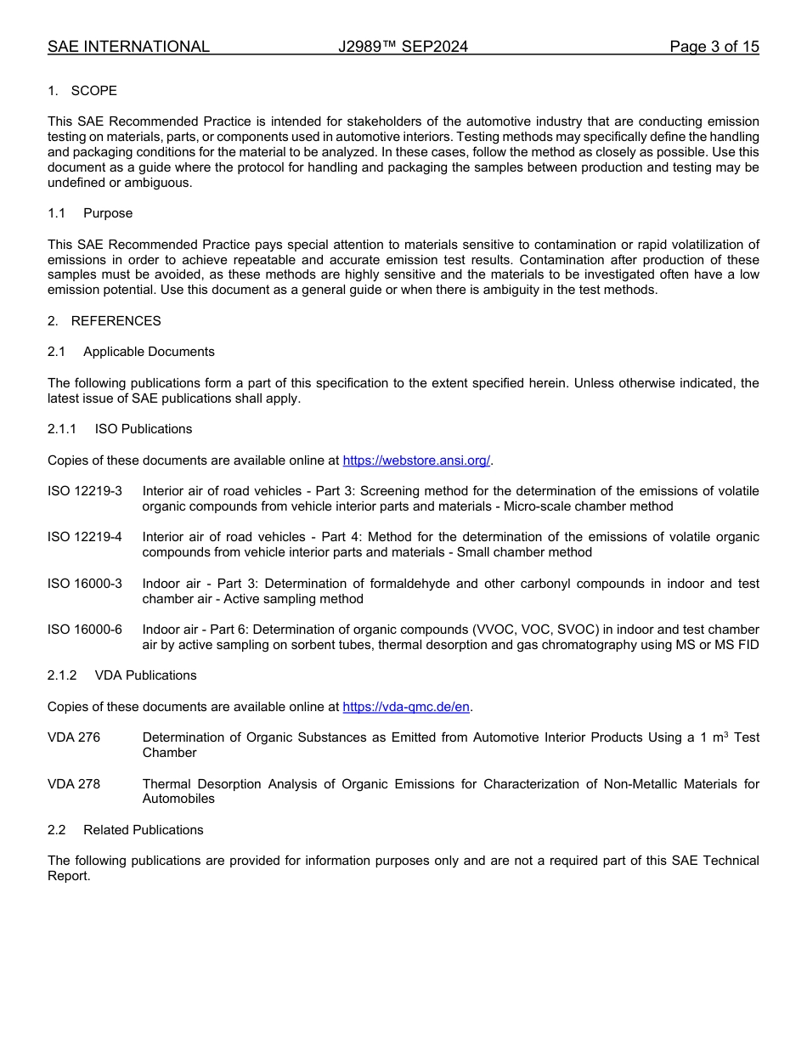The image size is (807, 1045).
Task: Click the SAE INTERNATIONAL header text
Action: click(x=128, y=47)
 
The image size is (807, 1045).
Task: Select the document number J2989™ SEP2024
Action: click(x=403, y=47)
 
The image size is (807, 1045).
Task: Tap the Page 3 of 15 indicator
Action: click(x=714, y=47)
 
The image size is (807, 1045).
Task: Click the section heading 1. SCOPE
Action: click(x=82, y=91)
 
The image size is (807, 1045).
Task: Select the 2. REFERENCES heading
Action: click(x=104, y=321)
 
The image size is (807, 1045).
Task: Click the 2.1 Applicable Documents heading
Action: click(x=131, y=352)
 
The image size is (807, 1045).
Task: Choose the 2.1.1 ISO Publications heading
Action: click(x=120, y=429)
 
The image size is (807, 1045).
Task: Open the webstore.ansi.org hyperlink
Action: click(x=416, y=460)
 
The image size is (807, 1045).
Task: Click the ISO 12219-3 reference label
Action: click(x=85, y=491)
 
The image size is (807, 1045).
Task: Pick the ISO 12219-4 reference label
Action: click(x=85, y=537)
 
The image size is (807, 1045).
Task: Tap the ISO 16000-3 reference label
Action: click(x=85, y=584)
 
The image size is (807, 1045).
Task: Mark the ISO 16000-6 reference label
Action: click(x=85, y=630)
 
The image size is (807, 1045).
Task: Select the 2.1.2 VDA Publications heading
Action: click(x=121, y=675)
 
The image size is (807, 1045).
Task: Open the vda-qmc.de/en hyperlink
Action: click(x=405, y=707)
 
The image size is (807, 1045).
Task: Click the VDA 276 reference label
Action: click(x=74, y=737)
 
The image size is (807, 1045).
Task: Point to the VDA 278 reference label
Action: click(x=74, y=784)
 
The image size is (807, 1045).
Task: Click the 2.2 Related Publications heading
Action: click(x=126, y=830)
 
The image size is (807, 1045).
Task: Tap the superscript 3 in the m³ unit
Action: click(x=725, y=734)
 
